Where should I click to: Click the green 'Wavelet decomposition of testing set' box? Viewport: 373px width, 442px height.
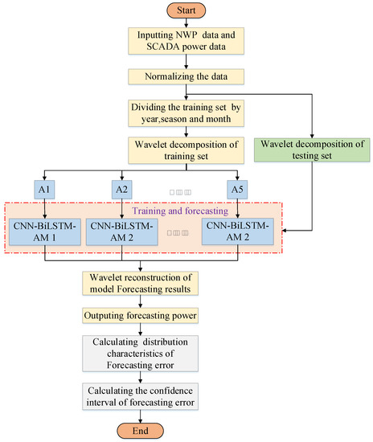309,150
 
